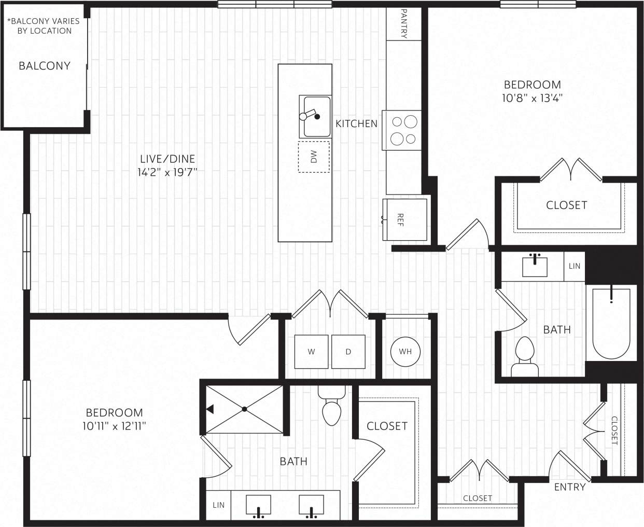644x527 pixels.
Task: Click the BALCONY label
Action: [44, 66]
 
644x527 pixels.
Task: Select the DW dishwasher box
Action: [314, 157]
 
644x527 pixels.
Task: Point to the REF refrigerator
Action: [405, 219]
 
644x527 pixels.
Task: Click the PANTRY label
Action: [404, 23]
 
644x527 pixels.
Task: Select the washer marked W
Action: [311, 352]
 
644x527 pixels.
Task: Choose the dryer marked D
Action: [348, 352]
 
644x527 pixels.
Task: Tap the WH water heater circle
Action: [405, 352]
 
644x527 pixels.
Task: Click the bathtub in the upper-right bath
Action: [612, 323]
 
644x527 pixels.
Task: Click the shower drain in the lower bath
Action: [244, 409]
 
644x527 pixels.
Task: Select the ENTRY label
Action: [569, 487]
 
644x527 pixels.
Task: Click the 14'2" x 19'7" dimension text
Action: [167, 172]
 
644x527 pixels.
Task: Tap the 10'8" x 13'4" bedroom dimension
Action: [533, 98]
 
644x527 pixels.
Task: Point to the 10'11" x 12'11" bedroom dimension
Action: [114, 426]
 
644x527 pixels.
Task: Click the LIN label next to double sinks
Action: [218, 505]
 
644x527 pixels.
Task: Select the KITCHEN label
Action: [356, 123]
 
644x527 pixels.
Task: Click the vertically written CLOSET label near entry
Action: [614, 431]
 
